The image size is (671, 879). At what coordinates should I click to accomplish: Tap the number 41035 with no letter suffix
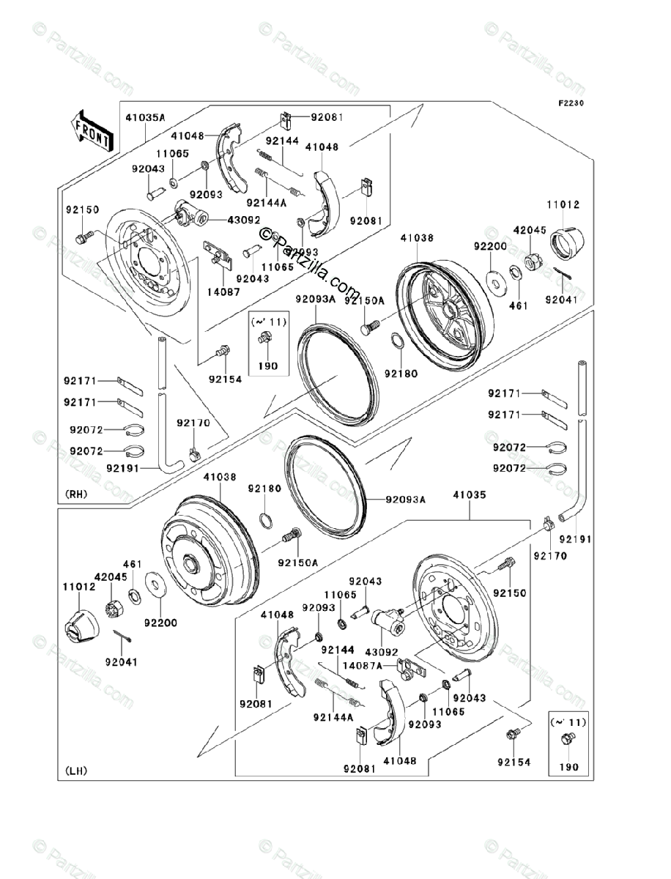(469, 495)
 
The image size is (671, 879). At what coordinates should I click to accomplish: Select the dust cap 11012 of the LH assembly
(81, 627)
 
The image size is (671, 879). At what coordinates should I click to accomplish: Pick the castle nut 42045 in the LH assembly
(115, 607)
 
